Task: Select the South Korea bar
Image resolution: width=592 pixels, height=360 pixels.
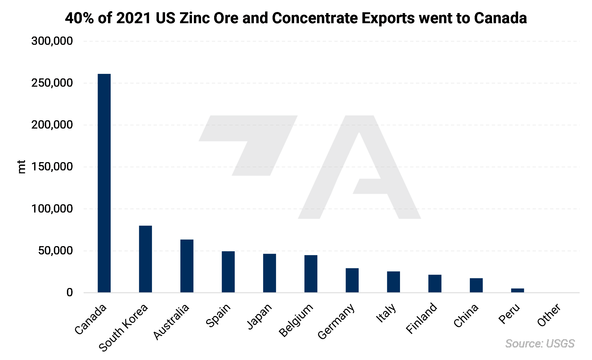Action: (x=145, y=259)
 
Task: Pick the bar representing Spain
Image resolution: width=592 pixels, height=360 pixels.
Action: (x=228, y=272)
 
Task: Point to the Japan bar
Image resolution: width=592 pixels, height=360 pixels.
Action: (x=269, y=273)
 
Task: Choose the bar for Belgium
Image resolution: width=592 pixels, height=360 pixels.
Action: (x=311, y=274)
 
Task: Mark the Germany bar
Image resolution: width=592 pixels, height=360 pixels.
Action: (x=352, y=280)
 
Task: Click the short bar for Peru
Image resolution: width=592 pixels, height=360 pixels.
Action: (x=517, y=290)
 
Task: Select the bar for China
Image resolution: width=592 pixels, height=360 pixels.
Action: (x=476, y=285)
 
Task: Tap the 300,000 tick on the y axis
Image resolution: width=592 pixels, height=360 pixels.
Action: (x=52, y=41)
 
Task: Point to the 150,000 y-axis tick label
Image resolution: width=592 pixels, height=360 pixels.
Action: (x=52, y=167)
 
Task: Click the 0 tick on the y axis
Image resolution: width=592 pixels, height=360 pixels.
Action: (x=70, y=293)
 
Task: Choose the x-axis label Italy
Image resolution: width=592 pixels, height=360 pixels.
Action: (x=386, y=313)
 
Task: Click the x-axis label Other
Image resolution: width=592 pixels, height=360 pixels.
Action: (x=549, y=315)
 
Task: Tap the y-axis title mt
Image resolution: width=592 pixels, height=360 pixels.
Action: (x=21, y=167)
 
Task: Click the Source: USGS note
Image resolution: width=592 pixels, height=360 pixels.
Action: (x=540, y=343)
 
